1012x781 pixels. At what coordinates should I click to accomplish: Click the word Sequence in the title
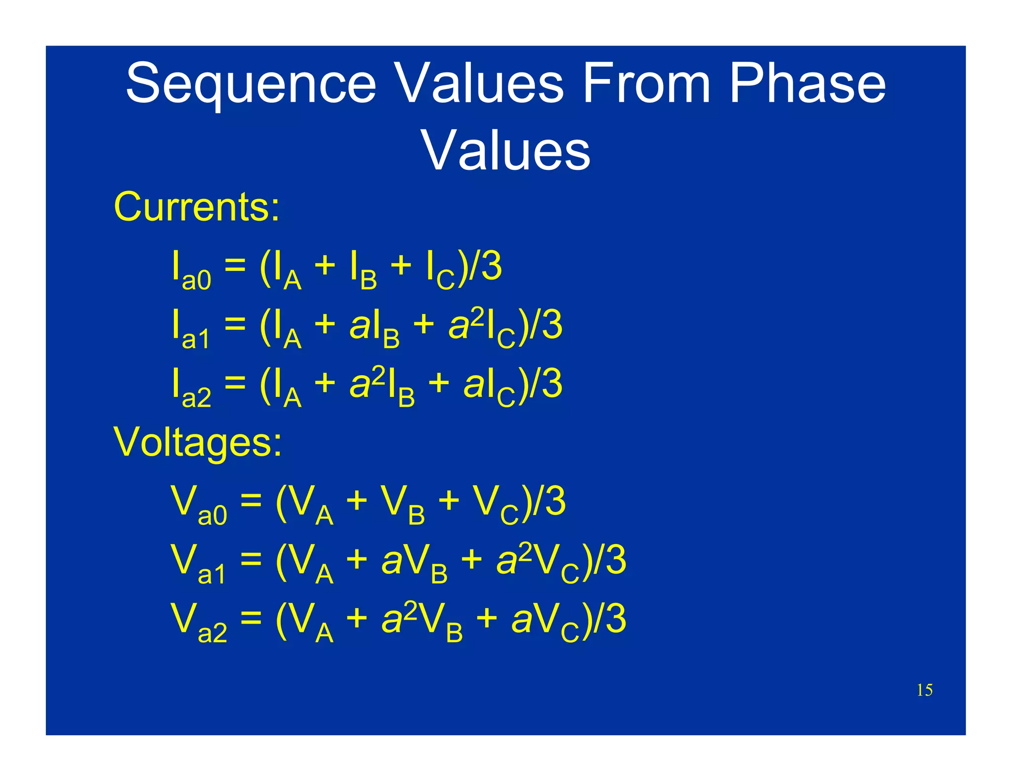click(251, 84)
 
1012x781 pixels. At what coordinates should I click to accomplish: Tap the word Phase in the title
click(807, 84)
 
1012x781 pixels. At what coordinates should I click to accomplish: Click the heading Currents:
click(197, 206)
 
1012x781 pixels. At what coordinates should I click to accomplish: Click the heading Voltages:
click(198, 441)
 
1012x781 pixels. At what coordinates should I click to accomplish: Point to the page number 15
click(925, 690)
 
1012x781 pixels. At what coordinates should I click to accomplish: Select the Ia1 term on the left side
click(191, 328)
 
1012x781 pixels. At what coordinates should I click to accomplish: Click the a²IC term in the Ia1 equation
click(482, 327)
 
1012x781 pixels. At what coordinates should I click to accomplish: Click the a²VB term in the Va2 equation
click(422, 621)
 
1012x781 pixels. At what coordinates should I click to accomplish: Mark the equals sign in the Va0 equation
click(251, 502)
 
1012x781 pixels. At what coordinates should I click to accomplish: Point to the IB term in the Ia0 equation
click(363, 270)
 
